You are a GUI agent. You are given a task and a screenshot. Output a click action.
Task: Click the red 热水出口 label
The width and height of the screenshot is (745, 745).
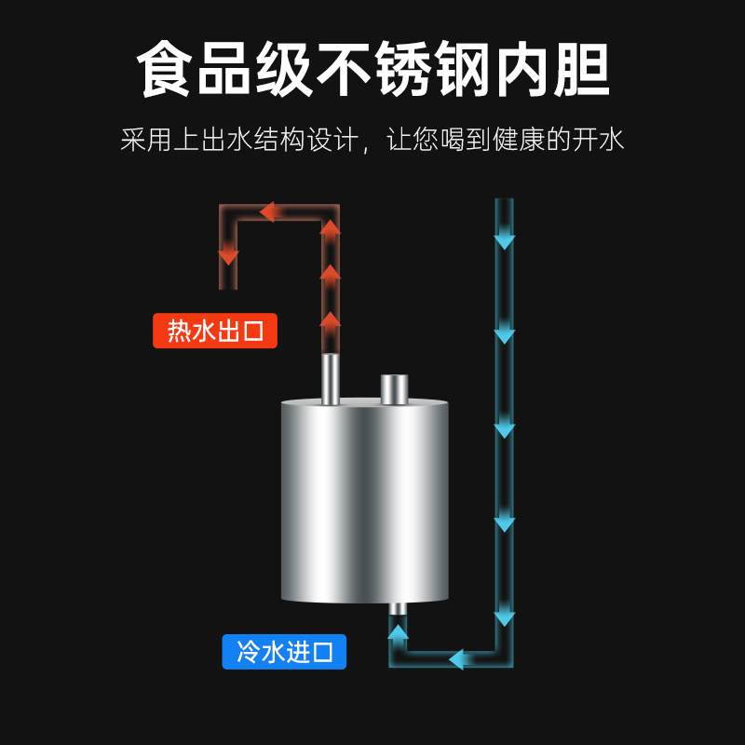click(x=215, y=331)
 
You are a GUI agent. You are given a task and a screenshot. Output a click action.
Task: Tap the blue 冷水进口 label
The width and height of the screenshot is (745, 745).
click(x=284, y=652)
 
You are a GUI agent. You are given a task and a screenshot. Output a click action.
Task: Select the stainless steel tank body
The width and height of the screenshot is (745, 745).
click(x=365, y=503)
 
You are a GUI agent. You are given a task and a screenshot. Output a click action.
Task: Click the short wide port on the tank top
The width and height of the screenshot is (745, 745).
click(x=395, y=388)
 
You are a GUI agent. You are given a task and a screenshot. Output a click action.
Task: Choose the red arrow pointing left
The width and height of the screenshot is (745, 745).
click(x=269, y=212)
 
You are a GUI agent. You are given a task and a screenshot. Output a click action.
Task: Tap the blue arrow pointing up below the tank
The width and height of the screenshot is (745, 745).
click(x=398, y=634)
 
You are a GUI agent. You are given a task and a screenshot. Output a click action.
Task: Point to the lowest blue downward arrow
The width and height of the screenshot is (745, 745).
click(x=504, y=616)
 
